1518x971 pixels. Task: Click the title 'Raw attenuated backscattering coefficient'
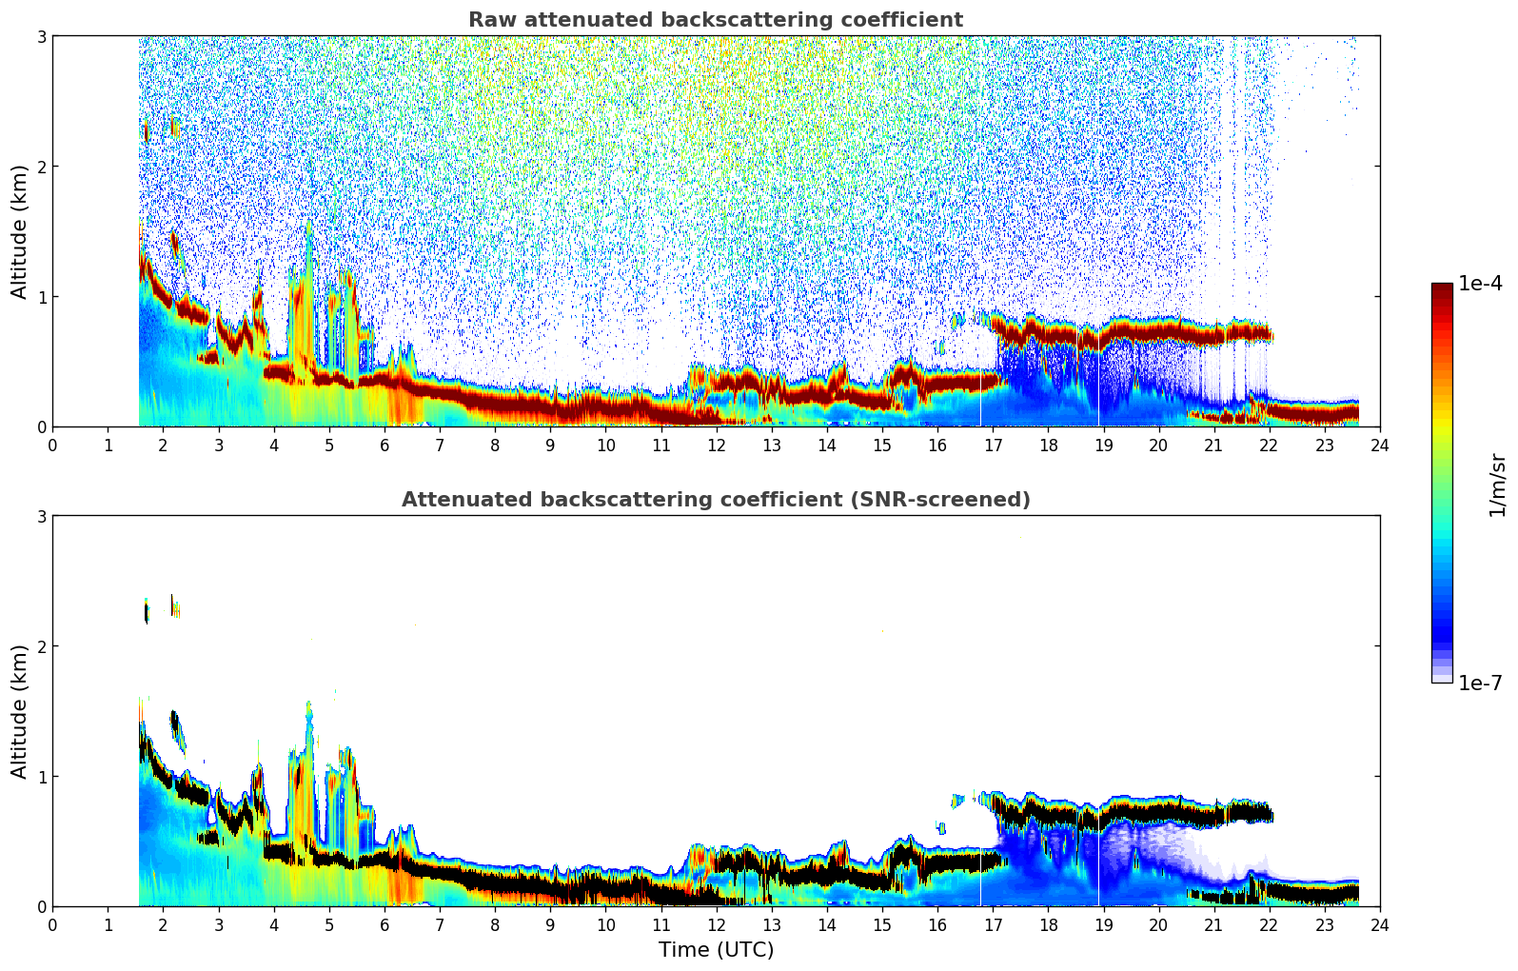tap(715, 20)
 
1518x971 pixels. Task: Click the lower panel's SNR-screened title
tap(715, 500)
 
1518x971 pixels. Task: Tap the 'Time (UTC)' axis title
tap(716, 949)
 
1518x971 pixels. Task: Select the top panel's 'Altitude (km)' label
tap(20, 231)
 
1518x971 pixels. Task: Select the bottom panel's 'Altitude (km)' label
tap(20, 711)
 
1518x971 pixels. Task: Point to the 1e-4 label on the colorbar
tap(1480, 284)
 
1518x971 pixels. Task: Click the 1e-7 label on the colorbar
tap(1480, 683)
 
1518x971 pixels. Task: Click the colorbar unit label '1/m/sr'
tap(1497, 484)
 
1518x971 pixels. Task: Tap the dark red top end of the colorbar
tap(1442, 288)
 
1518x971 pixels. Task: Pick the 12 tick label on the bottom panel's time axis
tap(716, 925)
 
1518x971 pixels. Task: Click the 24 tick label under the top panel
tap(1379, 446)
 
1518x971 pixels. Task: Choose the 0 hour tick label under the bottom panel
tap(52, 925)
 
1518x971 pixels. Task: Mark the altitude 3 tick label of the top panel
tap(41, 36)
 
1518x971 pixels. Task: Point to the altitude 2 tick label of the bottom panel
tap(41, 646)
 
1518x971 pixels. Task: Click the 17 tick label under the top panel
tap(993, 446)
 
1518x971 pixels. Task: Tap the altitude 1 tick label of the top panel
tap(41, 297)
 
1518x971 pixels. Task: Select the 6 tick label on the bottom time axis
tap(384, 925)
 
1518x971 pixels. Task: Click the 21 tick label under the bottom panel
tap(1213, 925)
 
